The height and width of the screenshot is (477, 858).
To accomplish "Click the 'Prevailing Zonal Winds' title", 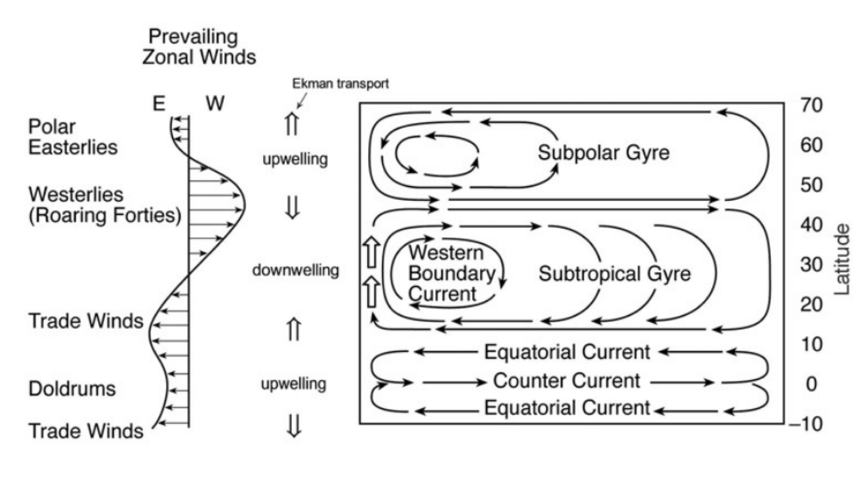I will (198, 47).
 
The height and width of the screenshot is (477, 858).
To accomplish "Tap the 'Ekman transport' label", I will (340, 83).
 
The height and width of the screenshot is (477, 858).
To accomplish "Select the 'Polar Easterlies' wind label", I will (73, 137).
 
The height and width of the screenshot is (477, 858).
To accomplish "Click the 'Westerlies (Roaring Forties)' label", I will (104, 205).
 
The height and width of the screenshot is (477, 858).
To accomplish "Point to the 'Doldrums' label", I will (72, 389).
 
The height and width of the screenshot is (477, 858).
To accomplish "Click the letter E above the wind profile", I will (159, 103).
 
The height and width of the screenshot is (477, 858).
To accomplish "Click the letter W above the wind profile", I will (215, 103).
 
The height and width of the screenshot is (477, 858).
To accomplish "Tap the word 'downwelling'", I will (296, 270).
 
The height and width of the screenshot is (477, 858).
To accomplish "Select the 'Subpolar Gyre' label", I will (604, 153).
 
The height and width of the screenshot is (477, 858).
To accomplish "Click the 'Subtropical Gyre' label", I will (614, 273).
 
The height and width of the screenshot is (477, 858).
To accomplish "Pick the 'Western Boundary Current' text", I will (451, 273).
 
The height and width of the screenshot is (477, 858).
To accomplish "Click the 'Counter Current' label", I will (566, 380).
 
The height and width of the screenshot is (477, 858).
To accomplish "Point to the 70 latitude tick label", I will (811, 105).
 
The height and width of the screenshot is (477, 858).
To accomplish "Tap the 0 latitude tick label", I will (811, 384).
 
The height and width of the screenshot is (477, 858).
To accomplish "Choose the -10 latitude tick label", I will (806, 424).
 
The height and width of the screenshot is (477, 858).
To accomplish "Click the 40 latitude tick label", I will (811, 225).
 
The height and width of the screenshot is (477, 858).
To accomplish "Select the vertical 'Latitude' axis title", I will (842, 259).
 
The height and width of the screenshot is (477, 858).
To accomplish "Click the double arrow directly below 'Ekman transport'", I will (292, 124).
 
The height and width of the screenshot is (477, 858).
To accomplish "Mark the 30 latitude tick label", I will (811, 265).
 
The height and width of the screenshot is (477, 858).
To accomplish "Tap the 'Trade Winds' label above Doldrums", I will (86, 321).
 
